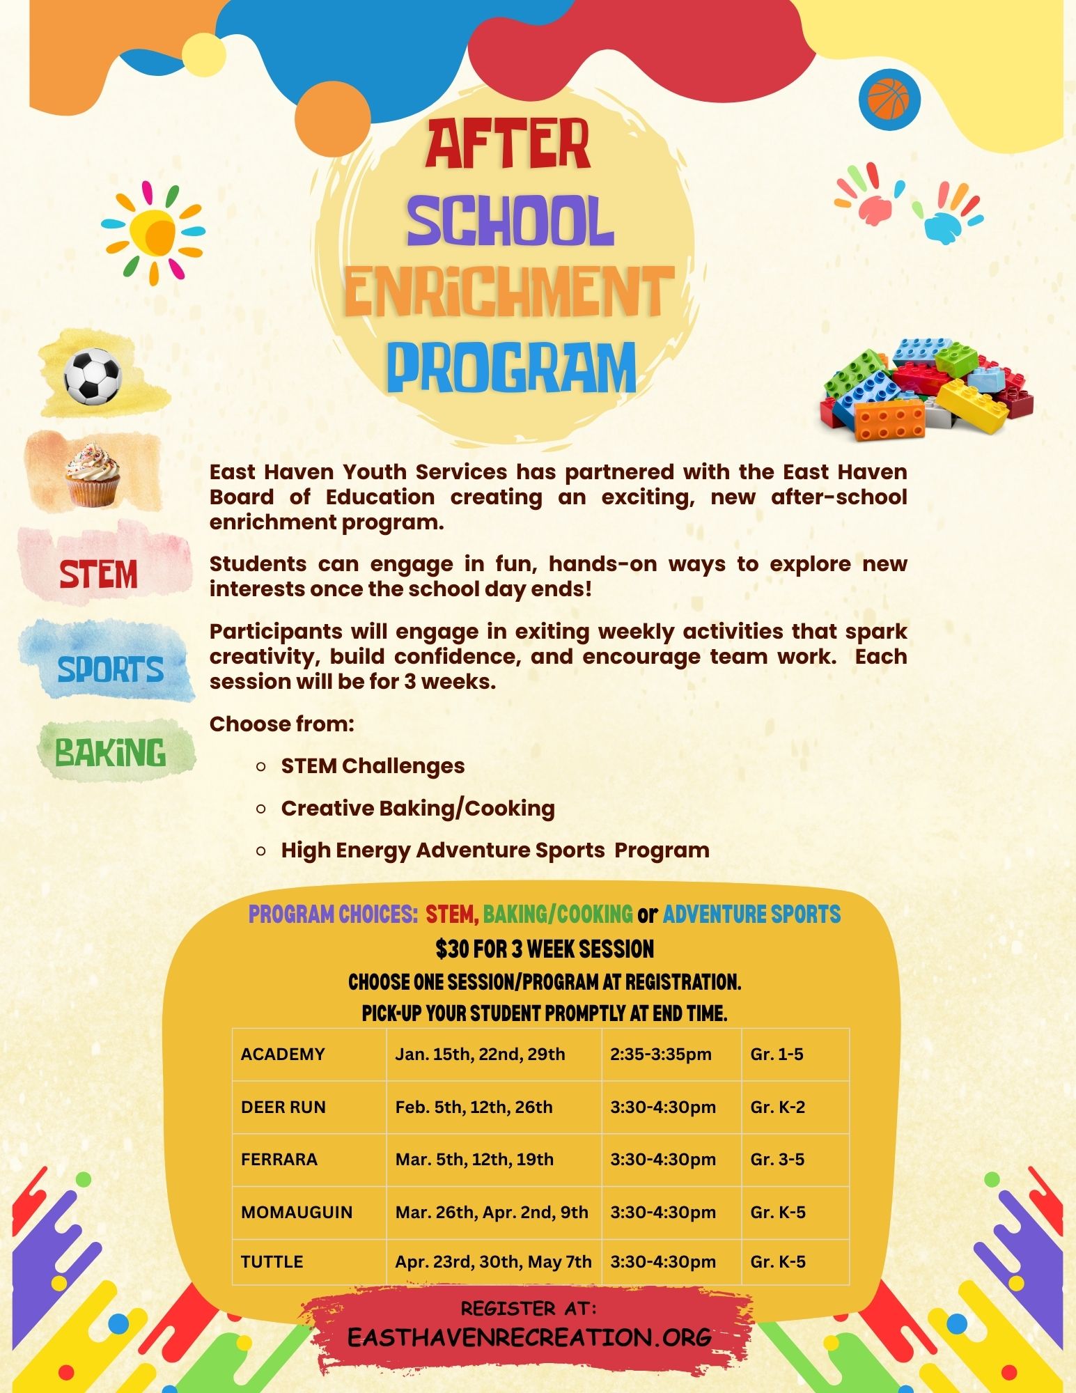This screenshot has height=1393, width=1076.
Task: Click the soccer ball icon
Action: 92,376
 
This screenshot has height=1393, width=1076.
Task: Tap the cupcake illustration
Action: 93,476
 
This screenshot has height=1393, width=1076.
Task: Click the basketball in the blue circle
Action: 889,99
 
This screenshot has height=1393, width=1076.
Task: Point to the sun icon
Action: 153,232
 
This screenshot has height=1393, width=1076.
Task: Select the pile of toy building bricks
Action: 927,389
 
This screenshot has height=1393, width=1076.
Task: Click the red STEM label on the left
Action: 98,575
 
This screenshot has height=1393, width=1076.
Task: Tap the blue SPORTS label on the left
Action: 110,669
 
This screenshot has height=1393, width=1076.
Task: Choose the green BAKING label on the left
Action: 111,752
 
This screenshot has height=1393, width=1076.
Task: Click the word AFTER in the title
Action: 508,145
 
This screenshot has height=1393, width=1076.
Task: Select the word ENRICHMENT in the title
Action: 508,291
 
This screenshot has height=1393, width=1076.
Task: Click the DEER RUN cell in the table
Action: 283,1107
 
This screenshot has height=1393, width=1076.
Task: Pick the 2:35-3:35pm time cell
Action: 661,1054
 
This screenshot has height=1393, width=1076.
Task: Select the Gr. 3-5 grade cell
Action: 777,1160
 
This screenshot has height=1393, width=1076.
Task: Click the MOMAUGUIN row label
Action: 297,1213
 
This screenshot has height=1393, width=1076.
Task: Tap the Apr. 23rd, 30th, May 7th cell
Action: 493,1262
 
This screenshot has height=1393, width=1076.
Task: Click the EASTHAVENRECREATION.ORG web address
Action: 529,1338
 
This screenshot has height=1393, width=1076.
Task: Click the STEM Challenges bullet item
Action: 373,766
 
